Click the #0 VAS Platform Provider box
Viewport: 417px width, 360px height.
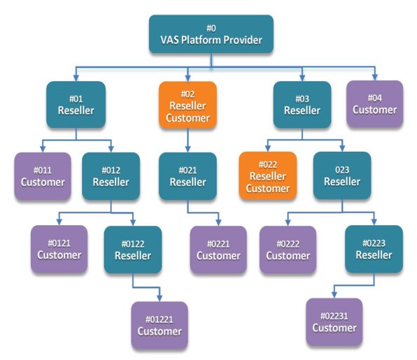[x=211, y=34]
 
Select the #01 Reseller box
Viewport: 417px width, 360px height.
[x=76, y=105]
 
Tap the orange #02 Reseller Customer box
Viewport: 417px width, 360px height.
[x=188, y=106]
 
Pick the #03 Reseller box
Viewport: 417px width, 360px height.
[x=302, y=105]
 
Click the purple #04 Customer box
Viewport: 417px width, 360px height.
[x=375, y=104]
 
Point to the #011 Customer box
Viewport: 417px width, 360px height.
[x=43, y=176]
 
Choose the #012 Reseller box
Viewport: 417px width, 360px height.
[x=111, y=176]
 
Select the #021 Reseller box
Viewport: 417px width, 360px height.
[x=188, y=176]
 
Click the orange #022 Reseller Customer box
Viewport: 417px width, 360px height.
[x=268, y=175]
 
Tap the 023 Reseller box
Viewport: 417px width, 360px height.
[x=342, y=175]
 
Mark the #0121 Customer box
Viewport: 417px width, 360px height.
[x=59, y=249]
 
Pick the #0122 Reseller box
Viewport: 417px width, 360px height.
[x=133, y=250]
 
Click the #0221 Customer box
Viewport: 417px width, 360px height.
[x=218, y=250]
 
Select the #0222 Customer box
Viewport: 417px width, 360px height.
[x=288, y=250]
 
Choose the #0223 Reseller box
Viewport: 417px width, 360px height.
[x=374, y=249]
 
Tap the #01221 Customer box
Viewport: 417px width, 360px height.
[x=160, y=325]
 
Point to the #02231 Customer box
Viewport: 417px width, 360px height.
[x=334, y=322]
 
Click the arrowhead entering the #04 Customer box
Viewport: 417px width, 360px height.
[x=375, y=77]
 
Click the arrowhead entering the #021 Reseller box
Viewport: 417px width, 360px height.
[x=188, y=149]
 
